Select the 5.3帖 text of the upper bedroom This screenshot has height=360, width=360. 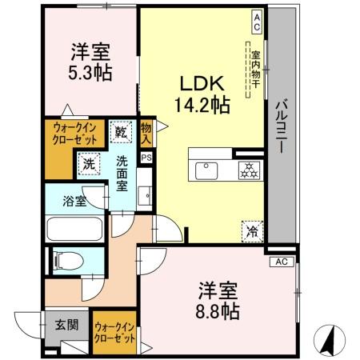pos(89,71)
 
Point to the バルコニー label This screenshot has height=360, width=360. pos(282,127)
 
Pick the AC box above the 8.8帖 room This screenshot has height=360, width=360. pos(280,262)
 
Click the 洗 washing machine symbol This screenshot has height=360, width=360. pos(89,162)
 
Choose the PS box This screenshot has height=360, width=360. pos(146,158)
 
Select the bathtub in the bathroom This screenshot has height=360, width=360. pos(74,227)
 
